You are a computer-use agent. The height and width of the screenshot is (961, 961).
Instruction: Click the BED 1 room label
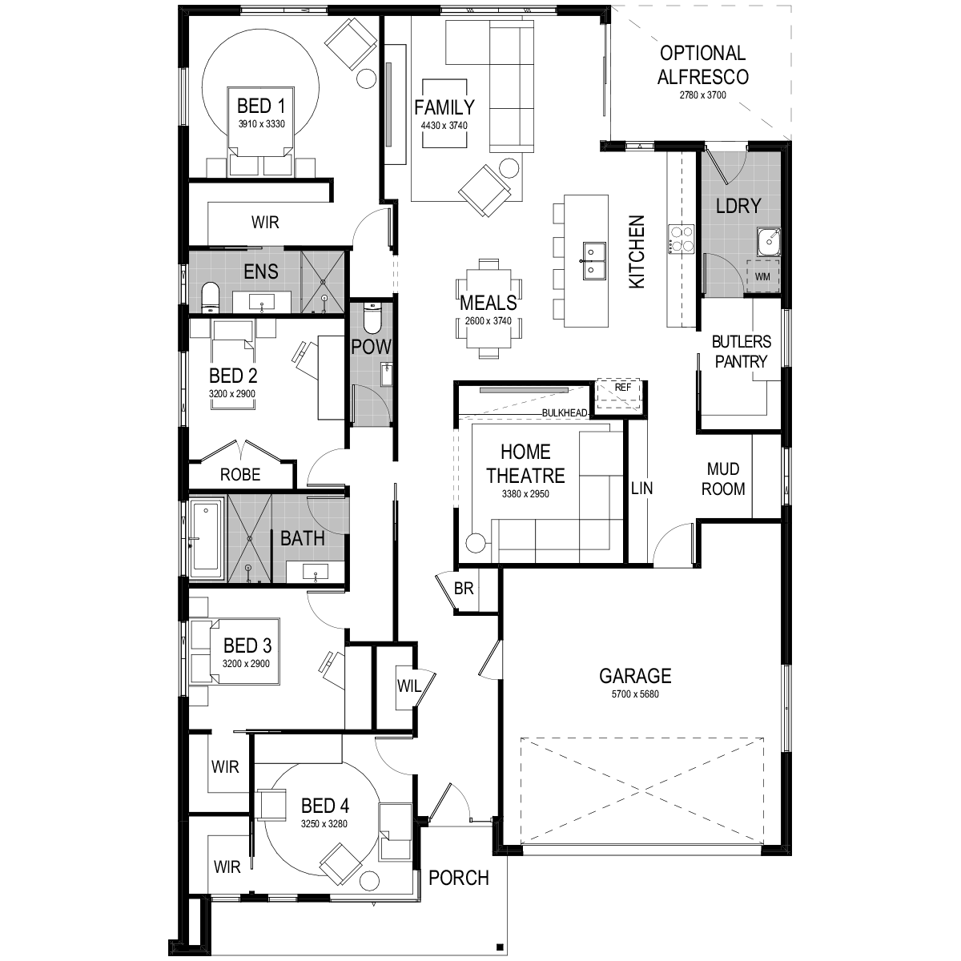coord(261,107)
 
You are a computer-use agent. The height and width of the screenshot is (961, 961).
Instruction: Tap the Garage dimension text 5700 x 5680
coord(635,694)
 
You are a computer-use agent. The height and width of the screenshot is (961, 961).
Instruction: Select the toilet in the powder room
coord(372,318)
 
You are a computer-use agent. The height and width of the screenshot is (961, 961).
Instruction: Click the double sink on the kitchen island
coord(594,259)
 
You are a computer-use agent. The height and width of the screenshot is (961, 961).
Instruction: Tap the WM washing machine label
coord(762,277)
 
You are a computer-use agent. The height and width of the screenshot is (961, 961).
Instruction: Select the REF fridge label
coord(622,388)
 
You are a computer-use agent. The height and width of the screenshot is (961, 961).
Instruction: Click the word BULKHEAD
coord(565,413)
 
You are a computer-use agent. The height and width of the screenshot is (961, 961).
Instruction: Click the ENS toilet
coord(210,297)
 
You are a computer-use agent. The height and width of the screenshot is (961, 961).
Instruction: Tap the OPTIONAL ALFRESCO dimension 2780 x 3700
coord(702,95)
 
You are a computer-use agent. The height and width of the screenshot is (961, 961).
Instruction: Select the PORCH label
coord(458,878)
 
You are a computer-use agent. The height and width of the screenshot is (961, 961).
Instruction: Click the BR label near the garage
coord(464,589)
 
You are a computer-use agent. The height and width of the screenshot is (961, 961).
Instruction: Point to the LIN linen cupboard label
coord(641,489)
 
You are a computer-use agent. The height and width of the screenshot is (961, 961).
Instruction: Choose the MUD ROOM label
coord(723,479)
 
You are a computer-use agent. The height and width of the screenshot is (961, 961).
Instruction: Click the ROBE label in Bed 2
coord(240,474)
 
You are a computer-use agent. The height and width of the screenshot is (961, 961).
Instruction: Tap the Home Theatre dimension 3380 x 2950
coord(525,494)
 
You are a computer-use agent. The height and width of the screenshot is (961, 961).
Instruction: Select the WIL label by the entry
coord(409,686)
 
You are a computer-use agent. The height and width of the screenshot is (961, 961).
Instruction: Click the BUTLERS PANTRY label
coord(741,351)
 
